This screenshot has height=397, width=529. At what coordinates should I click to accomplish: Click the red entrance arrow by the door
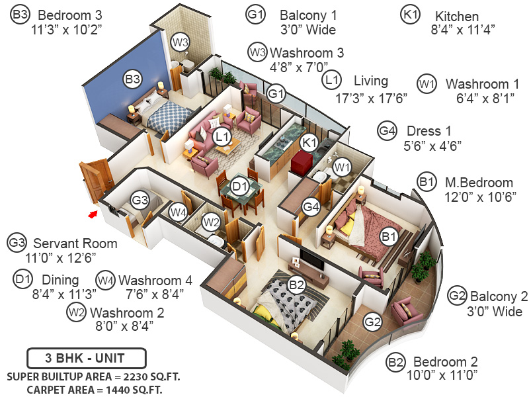[x=94, y=213]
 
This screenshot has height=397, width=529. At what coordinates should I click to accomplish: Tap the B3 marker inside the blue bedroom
[x=133, y=79]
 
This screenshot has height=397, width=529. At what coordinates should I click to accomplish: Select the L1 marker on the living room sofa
[x=222, y=137]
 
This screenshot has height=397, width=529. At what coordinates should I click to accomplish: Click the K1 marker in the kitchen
[x=309, y=142]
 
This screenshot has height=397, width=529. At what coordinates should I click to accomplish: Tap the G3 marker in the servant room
[x=139, y=199]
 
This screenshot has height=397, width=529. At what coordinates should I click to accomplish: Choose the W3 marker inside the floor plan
[x=181, y=42]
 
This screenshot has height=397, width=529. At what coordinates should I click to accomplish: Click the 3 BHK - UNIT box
[x=85, y=359]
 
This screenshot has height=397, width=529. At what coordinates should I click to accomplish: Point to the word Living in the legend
[x=370, y=81]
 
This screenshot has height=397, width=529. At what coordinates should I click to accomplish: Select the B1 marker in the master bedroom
[x=389, y=234]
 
